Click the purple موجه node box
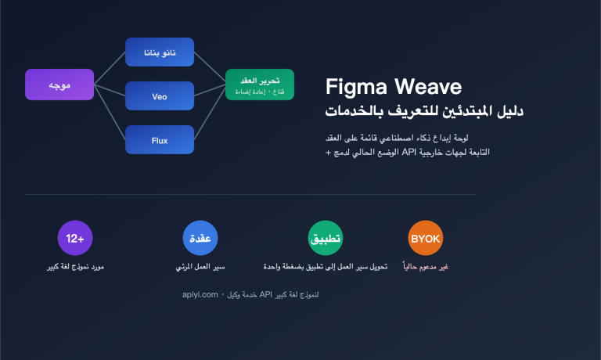59,85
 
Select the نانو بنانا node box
160,52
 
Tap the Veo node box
160,96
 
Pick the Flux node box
160,140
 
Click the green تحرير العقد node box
259,85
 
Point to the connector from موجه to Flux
110,114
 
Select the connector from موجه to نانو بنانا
110,67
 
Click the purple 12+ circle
76,238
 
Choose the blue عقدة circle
200,238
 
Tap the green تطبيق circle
326,238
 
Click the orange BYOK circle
426,238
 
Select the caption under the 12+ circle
76,268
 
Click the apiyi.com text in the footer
197,295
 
